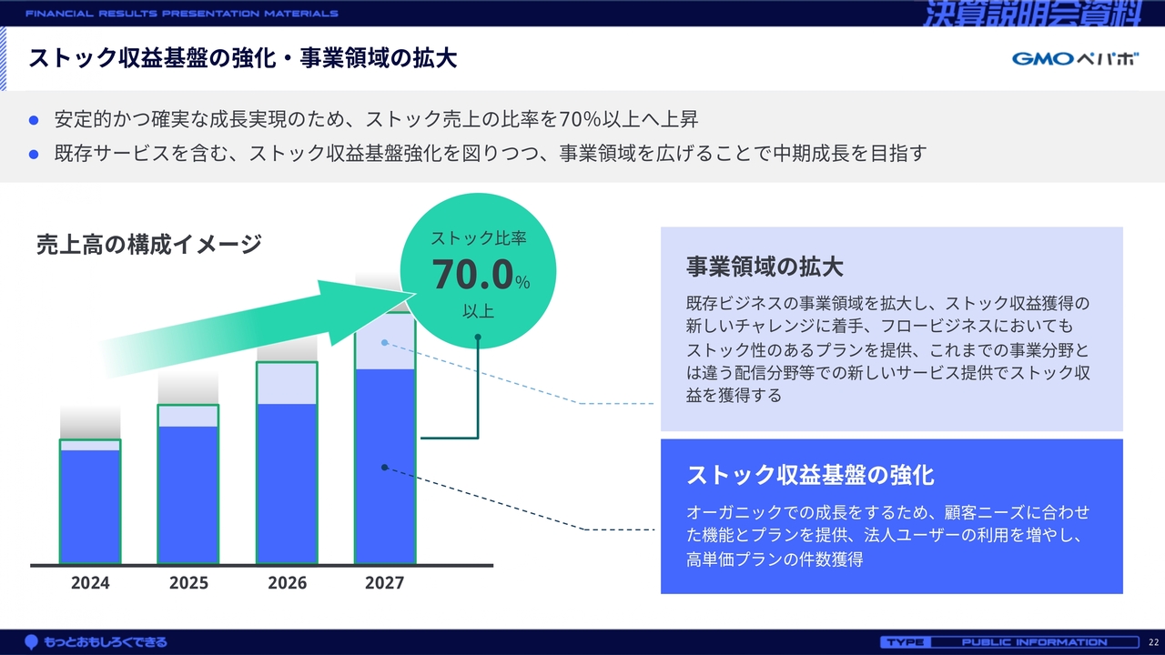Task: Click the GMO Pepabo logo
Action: click(x=1075, y=58)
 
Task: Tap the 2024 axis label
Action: click(x=90, y=583)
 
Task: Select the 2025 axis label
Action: click(x=188, y=583)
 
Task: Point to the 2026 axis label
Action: click(x=287, y=583)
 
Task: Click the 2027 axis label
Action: click(x=384, y=583)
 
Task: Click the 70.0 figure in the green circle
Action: click(x=472, y=274)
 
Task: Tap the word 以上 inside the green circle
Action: click(x=478, y=311)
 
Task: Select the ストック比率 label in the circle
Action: click(x=479, y=238)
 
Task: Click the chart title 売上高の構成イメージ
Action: click(x=148, y=245)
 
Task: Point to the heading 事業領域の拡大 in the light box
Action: click(x=765, y=267)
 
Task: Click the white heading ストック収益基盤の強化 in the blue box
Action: click(x=810, y=475)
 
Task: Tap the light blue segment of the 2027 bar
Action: click(x=385, y=341)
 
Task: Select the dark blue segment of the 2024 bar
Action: click(x=90, y=507)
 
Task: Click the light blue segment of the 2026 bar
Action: click(x=287, y=384)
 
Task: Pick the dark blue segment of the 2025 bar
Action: click(x=188, y=494)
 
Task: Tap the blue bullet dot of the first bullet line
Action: click(x=34, y=120)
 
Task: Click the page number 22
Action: click(x=1153, y=642)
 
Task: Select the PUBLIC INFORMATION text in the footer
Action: click(x=1035, y=642)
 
